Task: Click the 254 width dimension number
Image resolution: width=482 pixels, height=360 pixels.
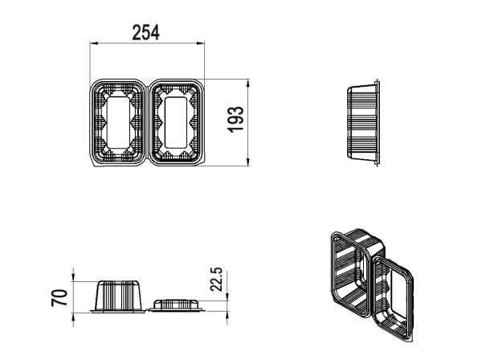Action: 145,33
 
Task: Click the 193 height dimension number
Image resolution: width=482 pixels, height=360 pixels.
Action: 235,120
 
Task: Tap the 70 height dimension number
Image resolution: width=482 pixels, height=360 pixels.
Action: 59,297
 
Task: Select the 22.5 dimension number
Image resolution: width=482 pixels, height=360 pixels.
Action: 216,279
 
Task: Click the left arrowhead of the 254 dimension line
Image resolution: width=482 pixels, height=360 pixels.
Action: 93,43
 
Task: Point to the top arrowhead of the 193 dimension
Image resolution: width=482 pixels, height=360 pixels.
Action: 248,83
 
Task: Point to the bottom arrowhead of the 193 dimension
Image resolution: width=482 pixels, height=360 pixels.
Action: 248,162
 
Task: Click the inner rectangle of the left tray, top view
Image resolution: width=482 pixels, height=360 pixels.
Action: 119,122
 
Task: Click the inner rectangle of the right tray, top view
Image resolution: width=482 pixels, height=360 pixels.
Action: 176,122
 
